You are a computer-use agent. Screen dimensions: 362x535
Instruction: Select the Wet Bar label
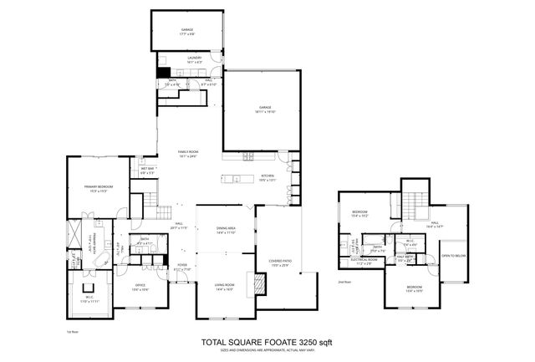tap(147, 170)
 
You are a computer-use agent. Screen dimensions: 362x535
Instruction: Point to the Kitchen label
tap(267, 177)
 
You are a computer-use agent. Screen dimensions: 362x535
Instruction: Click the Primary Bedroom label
tap(99, 187)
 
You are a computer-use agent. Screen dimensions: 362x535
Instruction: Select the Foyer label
tap(182, 267)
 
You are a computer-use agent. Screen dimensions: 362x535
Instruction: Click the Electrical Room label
tap(364, 260)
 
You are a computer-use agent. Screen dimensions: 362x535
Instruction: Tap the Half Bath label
tap(404, 259)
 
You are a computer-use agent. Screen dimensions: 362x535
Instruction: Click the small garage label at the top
tap(187, 31)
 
